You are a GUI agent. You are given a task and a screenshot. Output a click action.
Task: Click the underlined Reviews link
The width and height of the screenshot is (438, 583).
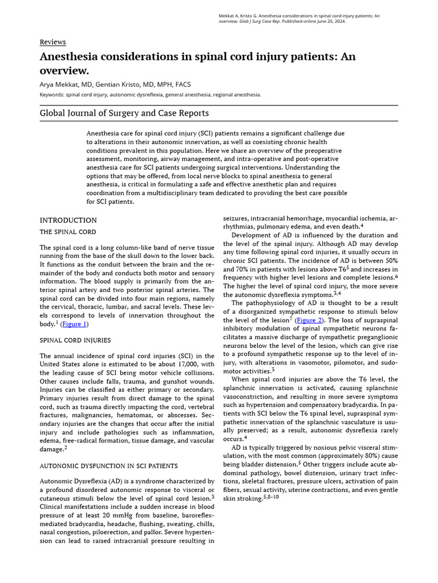tap(52, 42)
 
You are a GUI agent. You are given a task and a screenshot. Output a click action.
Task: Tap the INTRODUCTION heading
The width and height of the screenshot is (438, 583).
tap(68, 220)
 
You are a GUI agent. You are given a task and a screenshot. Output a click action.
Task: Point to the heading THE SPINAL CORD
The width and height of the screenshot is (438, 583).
tap(67, 232)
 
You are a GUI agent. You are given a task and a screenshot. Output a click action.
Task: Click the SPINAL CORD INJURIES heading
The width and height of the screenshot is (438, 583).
tap(75, 340)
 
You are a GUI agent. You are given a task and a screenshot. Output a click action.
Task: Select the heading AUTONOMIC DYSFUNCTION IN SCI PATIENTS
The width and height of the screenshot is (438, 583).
tap(108, 466)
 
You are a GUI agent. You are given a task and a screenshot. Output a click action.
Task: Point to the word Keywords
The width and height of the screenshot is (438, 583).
tap(52, 95)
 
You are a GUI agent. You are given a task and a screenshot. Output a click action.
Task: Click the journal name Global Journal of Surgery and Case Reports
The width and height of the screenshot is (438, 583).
tap(124, 113)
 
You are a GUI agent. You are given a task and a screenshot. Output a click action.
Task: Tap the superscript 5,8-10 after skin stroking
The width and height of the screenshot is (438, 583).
tap(271, 497)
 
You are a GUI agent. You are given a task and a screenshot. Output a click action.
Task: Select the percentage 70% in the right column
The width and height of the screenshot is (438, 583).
tap(236, 269)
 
